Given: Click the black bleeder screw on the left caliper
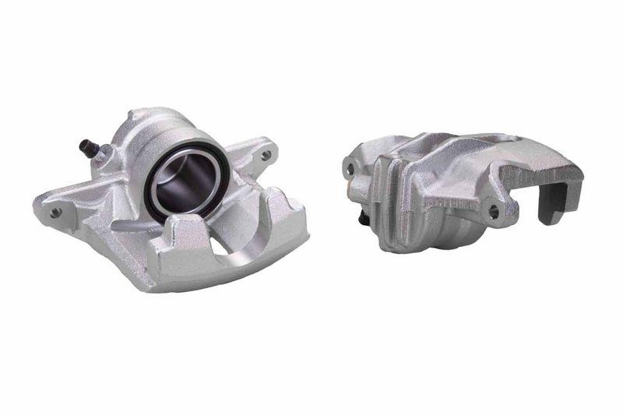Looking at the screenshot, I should tap(88, 146).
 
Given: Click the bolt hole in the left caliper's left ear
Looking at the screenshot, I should tap(55, 211).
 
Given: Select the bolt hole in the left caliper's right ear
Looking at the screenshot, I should tap(266, 155).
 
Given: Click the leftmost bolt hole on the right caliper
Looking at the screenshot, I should tap(350, 167).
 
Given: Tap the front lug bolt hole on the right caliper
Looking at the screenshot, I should tap(493, 210).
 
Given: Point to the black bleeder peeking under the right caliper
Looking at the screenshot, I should tap(363, 219).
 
